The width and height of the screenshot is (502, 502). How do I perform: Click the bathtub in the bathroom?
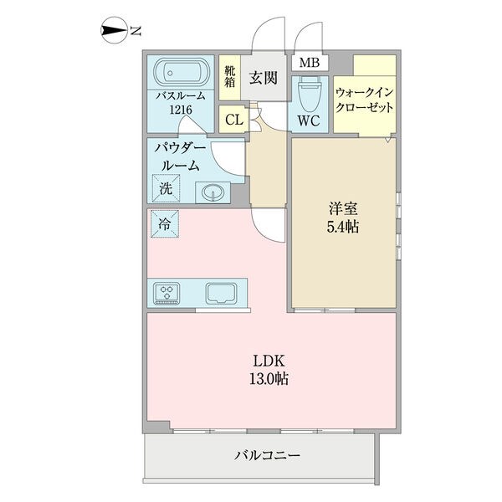tap(181, 73)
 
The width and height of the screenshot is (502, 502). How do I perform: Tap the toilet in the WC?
tap(309, 94)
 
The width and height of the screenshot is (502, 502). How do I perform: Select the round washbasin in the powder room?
tap(213, 192)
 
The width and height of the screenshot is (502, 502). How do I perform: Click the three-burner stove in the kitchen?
tap(166, 294)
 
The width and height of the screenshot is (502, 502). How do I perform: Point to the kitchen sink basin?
tap(222, 293)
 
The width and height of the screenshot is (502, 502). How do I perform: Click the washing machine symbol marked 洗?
tap(166, 188)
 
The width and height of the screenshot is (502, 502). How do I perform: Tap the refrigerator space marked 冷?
tap(165, 223)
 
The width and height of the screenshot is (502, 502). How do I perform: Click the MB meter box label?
tap(310, 63)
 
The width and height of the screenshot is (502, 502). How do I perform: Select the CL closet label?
tap(234, 120)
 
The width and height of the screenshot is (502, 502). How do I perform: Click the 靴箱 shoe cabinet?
tap(229, 77)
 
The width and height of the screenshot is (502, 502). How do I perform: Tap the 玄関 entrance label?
tap(264, 78)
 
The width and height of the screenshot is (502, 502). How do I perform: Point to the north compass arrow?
tap(114, 30)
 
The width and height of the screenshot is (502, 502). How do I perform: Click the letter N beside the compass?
tap(136, 31)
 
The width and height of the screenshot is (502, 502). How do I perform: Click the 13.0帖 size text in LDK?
tap(269, 379)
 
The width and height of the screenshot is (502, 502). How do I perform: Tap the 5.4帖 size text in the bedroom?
tap(342, 227)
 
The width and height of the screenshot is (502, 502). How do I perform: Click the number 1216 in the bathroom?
tap(181, 110)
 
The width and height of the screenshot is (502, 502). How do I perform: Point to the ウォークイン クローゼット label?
tap(364, 100)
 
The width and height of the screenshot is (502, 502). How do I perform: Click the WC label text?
tap(309, 120)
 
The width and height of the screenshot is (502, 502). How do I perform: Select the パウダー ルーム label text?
tap(180, 157)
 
